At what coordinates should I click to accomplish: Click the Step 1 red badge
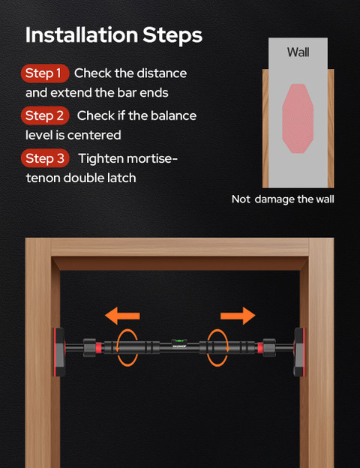click(45, 73)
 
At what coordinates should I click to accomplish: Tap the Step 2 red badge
click(45, 115)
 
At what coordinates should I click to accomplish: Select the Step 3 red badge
click(45, 158)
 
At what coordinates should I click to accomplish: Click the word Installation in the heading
click(82, 35)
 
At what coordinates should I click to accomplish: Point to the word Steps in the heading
click(172, 36)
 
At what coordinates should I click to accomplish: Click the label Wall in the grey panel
click(298, 52)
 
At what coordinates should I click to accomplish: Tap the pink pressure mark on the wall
click(298, 118)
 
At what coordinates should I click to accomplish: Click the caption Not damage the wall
click(283, 199)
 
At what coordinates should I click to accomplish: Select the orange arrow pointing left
click(122, 316)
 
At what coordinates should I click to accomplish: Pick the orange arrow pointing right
click(238, 316)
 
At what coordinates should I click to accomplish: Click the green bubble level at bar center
click(179, 340)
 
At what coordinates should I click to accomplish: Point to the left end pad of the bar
click(59, 352)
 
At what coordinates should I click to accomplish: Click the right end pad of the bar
click(299, 352)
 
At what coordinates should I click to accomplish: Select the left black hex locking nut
click(89, 348)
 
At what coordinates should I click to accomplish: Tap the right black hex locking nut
click(269, 348)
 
